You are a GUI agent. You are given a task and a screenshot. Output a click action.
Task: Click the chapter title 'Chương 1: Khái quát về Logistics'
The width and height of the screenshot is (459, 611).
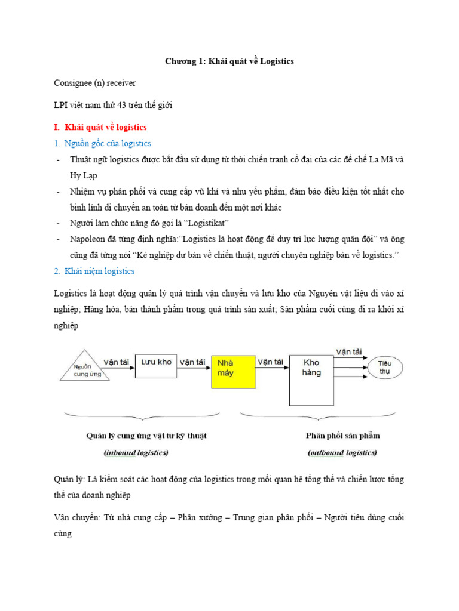point(229,61)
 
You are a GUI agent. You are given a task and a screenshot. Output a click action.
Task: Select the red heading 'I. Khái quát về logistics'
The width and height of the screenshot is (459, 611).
point(100,127)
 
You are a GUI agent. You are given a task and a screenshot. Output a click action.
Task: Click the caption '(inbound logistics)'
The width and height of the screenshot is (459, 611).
point(136,453)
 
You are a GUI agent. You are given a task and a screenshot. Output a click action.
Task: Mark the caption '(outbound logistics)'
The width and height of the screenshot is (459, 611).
point(342,453)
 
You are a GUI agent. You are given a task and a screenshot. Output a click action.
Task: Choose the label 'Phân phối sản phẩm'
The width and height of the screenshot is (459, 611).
point(342,436)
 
